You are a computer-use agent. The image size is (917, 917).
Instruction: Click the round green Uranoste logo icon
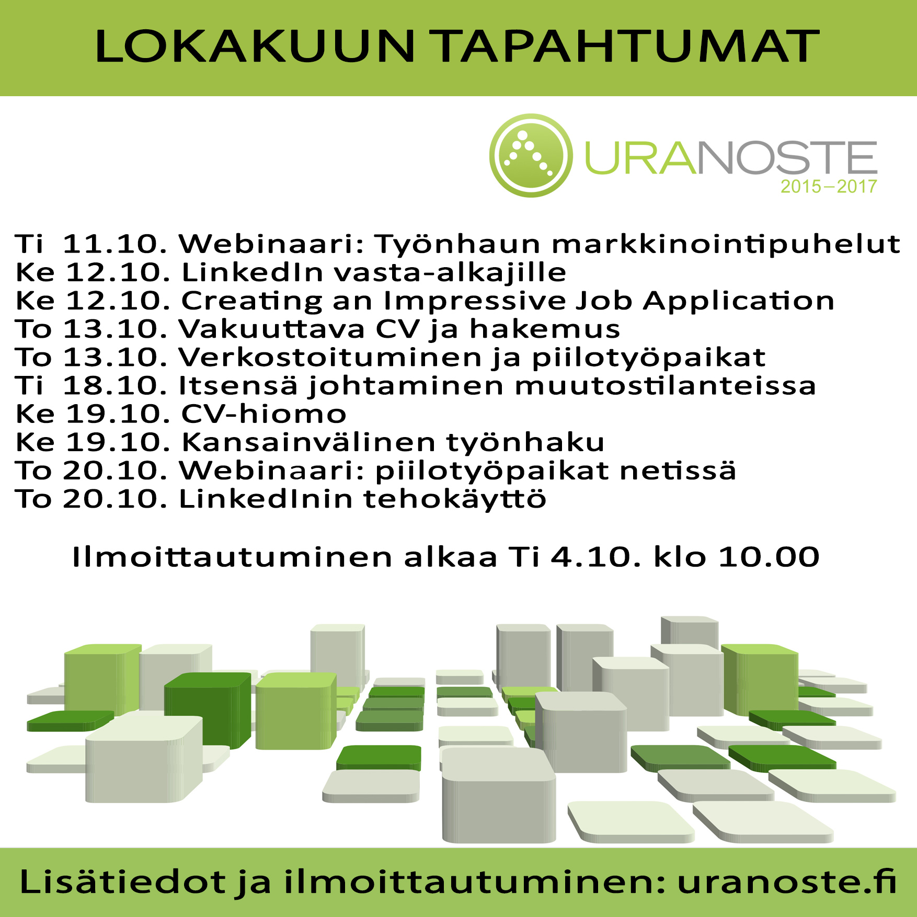pos(531,155)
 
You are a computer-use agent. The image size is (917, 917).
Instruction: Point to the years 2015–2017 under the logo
pos(829,187)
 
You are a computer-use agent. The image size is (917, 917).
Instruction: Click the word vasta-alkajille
pos(450,272)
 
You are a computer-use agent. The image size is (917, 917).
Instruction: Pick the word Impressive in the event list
pos(474,301)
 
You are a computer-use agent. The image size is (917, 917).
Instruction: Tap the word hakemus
pos(545,329)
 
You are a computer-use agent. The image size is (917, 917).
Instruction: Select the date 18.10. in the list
pos(115,386)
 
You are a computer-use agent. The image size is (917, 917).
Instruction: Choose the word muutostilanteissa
pos(665,386)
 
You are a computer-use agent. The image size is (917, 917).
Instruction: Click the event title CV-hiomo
pos(263,414)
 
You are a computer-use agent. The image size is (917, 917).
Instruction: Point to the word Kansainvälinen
pos(308,442)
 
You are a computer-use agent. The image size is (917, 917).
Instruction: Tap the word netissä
pos(678,471)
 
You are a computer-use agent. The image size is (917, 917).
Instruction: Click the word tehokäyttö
pos(455,499)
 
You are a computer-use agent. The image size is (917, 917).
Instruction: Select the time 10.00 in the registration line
pos(769,557)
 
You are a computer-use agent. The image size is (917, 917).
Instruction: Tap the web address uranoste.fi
pos(787,882)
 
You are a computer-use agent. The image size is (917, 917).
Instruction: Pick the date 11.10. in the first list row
pos(115,244)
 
